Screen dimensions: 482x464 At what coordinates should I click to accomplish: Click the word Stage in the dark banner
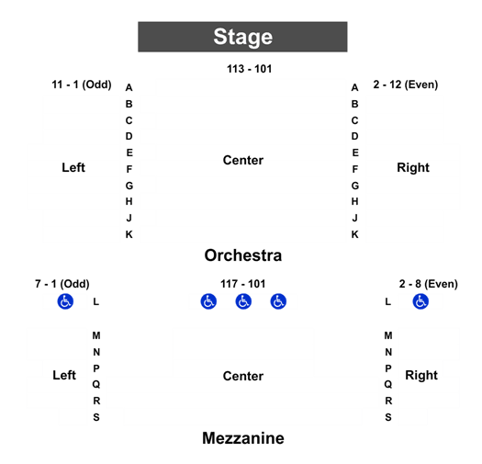[x=243, y=38]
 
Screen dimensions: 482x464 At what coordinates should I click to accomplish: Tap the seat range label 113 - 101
[x=250, y=69]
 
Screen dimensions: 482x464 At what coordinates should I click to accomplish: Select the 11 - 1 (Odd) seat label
[x=82, y=85]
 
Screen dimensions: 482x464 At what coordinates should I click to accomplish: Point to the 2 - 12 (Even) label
[x=406, y=85]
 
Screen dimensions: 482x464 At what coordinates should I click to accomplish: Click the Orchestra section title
[x=243, y=255]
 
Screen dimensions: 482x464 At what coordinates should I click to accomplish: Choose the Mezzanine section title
[x=243, y=438]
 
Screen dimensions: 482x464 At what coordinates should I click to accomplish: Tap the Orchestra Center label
[x=243, y=160]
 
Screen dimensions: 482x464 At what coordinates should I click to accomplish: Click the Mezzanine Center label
[x=243, y=376]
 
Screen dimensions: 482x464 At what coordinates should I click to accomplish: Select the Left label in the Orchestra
[x=73, y=167]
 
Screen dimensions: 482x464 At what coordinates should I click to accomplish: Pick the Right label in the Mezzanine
[x=421, y=375]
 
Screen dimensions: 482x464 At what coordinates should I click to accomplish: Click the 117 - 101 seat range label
[x=243, y=284]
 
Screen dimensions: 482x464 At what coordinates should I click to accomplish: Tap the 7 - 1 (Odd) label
[x=62, y=284]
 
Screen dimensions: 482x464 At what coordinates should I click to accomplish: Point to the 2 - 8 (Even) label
[x=429, y=284]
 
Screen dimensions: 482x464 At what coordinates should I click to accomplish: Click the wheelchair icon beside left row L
[x=65, y=301]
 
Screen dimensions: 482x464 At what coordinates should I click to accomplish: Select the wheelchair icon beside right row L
[x=420, y=301]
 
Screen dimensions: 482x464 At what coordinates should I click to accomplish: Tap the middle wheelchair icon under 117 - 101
[x=243, y=301]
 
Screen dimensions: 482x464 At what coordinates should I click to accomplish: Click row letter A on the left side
[x=129, y=87]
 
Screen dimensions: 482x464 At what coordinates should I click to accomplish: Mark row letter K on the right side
[x=354, y=234]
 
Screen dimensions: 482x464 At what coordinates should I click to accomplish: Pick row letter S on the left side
[x=96, y=417]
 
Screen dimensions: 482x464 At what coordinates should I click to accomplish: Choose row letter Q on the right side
[x=388, y=384]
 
